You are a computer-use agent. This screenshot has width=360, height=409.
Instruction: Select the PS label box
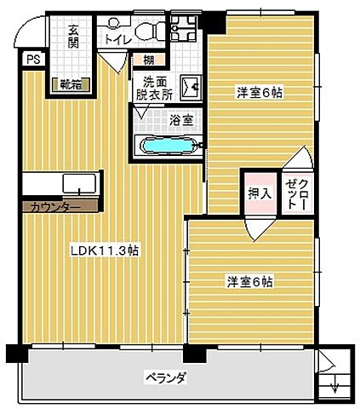click(x=32, y=60)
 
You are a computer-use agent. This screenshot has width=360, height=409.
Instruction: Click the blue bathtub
click(x=169, y=144)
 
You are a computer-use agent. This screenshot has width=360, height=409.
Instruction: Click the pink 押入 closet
click(x=259, y=193)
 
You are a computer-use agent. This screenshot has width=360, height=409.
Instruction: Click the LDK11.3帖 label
click(x=106, y=251)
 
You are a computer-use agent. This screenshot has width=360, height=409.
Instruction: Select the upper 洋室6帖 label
click(x=258, y=93)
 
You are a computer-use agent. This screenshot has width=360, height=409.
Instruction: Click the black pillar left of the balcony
click(x=14, y=354)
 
